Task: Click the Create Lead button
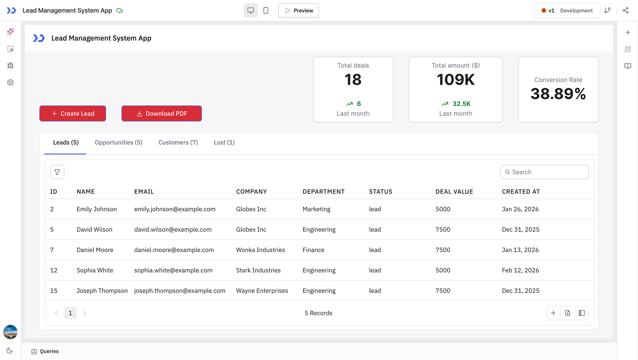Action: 72,113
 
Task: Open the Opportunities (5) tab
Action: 118,142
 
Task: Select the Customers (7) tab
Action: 178,142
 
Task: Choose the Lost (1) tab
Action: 224,142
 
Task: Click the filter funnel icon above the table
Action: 57,172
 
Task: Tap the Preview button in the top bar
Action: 298,10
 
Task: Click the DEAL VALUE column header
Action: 454,192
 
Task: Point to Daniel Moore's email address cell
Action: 174,250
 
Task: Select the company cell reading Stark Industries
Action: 258,270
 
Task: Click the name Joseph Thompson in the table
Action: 102,291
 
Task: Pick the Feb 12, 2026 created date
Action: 520,270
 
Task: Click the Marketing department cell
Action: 316,209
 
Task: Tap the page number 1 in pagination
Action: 70,313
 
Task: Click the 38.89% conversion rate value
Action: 558,94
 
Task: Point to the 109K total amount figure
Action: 455,79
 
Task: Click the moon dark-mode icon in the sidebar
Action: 10,351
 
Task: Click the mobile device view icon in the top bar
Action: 266,10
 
